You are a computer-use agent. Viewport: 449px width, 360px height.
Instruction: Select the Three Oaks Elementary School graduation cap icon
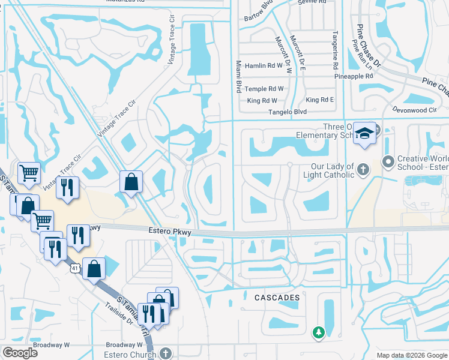point(364,133)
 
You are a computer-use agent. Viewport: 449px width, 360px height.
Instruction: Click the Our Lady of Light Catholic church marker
point(363,170)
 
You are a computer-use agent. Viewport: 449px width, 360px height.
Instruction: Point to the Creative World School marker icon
point(388,161)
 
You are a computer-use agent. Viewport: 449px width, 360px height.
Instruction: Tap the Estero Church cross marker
point(166,353)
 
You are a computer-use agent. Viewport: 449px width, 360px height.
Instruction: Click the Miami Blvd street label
point(238,76)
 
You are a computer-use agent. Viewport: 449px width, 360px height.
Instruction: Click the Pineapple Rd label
point(354,77)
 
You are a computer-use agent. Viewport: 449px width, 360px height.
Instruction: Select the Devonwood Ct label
point(414,110)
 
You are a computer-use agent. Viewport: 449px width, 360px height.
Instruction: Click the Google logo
point(20,353)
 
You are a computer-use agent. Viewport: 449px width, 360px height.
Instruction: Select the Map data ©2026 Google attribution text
point(411,355)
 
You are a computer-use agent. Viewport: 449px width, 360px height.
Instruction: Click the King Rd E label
point(319,100)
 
